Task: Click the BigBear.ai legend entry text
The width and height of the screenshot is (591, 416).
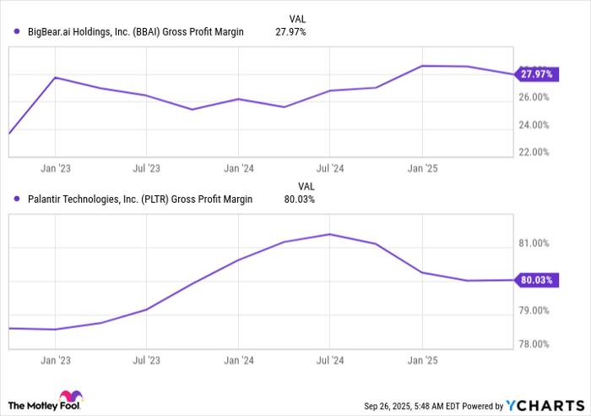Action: [135, 32]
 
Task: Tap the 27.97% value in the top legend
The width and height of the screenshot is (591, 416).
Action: [290, 32]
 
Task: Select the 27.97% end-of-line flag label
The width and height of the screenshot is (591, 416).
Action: [536, 74]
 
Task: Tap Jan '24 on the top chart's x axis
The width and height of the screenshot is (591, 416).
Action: [238, 168]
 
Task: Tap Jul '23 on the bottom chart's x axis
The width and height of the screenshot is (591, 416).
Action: [147, 360]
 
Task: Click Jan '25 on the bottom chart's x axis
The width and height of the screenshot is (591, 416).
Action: [422, 360]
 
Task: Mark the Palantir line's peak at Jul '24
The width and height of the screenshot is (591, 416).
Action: [330, 234]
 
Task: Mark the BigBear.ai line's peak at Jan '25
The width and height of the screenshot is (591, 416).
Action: [422, 65]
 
